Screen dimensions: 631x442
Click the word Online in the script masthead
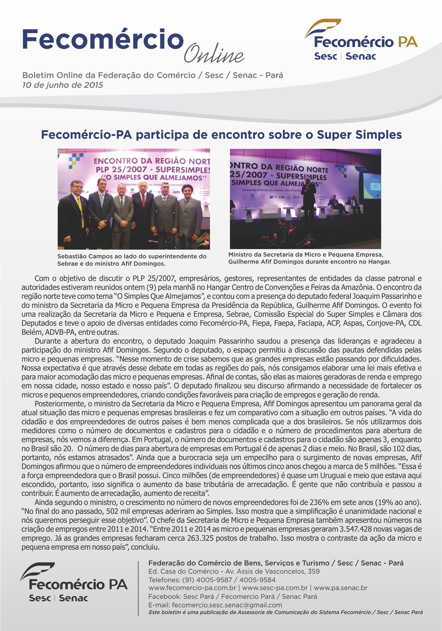pyautogui.click(x=214, y=54)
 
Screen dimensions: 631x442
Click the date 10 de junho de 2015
pyautogui.click(x=63, y=85)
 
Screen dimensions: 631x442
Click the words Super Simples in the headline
pyautogui.click(x=359, y=135)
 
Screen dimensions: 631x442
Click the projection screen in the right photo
pyautogui.click(x=372, y=186)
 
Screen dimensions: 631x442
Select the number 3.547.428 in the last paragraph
pyautogui.click(x=357, y=529)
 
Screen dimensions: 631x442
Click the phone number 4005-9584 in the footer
pyautogui.click(x=257, y=580)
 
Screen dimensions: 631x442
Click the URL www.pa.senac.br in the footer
pyautogui.click(x=340, y=588)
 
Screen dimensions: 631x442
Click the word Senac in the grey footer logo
pyautogui.click(x=73, y=598)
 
